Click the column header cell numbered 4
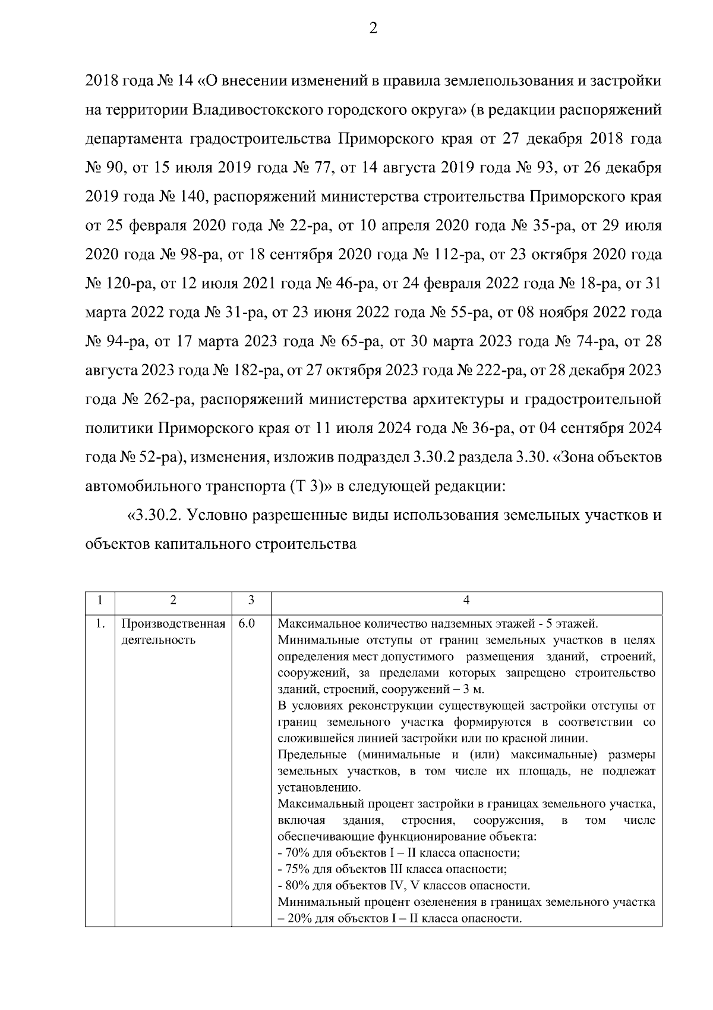coord(466,601)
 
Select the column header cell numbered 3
coord(251,601)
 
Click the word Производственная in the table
coord(173,624)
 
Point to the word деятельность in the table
coord(158,641)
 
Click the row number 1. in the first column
coord(100,624)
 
